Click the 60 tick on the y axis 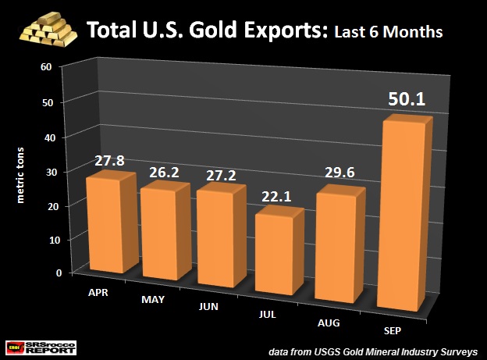point(46,67)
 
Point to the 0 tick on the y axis point(49,273)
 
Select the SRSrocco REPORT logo point(41,344)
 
